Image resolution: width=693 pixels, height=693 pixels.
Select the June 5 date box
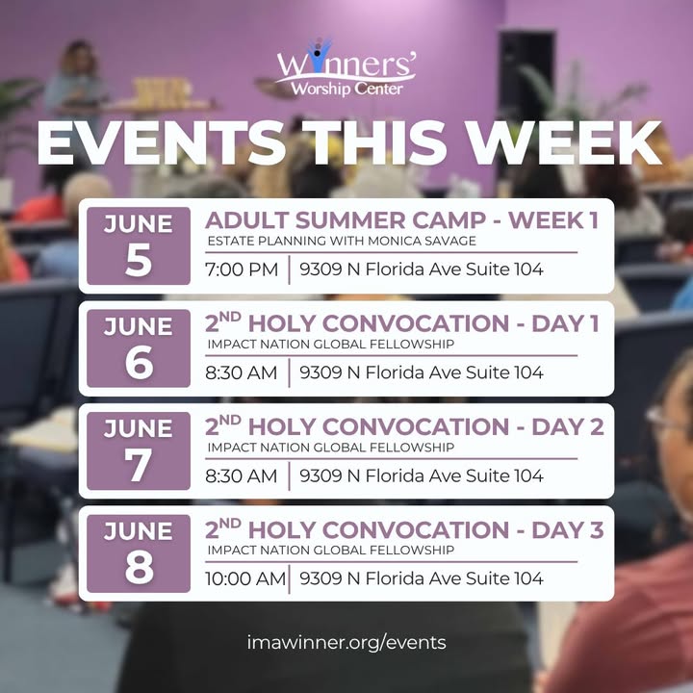(139, 245)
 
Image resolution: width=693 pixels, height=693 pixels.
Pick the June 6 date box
(139, 348)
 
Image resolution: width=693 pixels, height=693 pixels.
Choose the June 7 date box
(139, 450)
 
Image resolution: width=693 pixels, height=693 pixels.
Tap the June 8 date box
(139, 553)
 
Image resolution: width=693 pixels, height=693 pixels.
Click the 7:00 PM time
(242, 269)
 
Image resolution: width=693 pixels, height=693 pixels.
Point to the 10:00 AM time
(245, 578)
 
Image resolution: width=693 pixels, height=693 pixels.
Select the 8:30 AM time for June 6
(241, 372)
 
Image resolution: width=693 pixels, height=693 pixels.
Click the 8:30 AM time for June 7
(241, 475)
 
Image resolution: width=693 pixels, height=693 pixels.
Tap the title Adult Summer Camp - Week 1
(401, 220)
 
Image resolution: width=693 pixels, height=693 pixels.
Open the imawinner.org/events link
(346, 642)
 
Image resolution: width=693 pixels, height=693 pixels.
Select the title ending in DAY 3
(404, 529)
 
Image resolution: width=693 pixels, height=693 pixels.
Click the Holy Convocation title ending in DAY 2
(404, 426)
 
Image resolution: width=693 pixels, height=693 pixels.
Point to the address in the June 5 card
(422, 269)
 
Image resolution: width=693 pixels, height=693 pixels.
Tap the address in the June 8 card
(422, 578)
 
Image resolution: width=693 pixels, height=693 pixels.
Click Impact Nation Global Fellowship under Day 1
(330, 344)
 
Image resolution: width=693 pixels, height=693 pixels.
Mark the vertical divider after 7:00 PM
(290, 269)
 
